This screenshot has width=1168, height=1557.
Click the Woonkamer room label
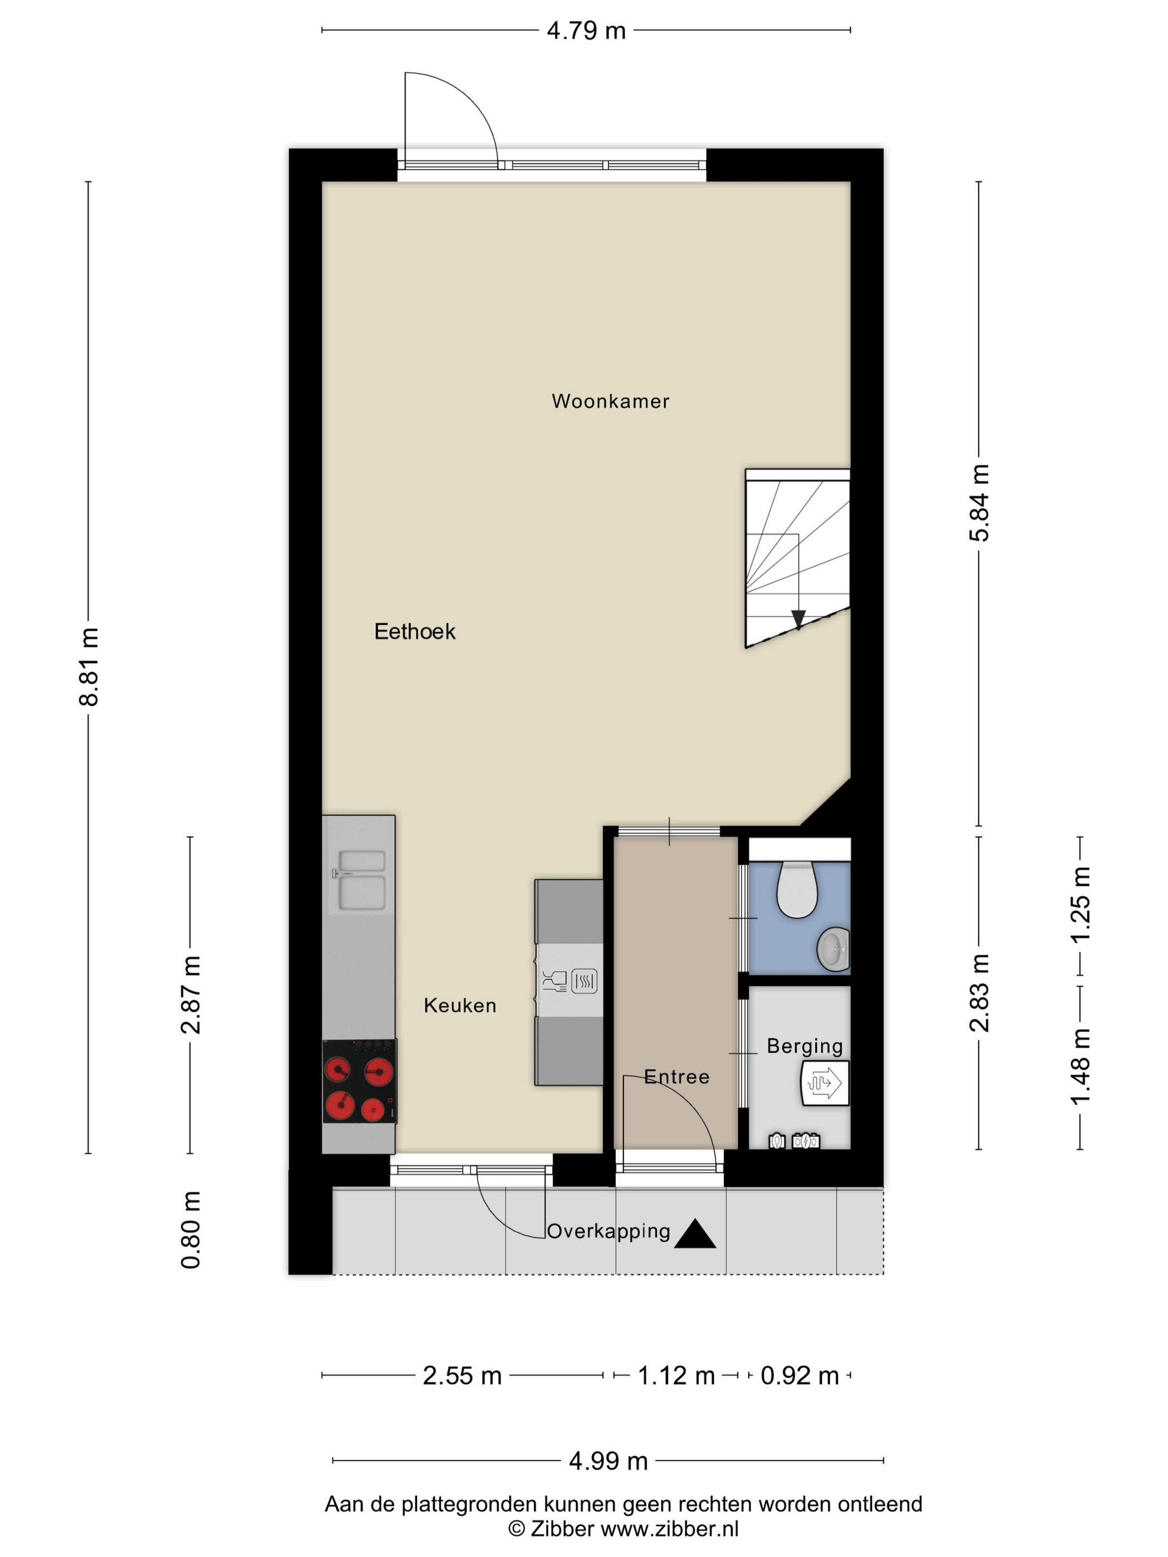pos(610,401)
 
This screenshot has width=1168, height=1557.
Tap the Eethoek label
pos(415,631)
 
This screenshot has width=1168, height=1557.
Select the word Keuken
pos(460,1005)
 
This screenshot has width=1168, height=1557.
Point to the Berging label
pos(805,1046)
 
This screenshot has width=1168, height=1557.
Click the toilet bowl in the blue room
pos(796,890)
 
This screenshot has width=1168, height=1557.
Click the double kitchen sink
pos(361,880)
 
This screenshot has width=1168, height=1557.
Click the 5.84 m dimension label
pos(979,503)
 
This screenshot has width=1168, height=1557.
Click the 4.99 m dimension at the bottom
pos(607,1461)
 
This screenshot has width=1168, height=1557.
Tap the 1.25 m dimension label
pos(1080,905)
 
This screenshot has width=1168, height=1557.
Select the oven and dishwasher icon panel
pos(570,980)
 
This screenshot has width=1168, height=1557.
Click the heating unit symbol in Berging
pos(824,1083)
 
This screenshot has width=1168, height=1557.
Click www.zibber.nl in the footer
pos(670,1529)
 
